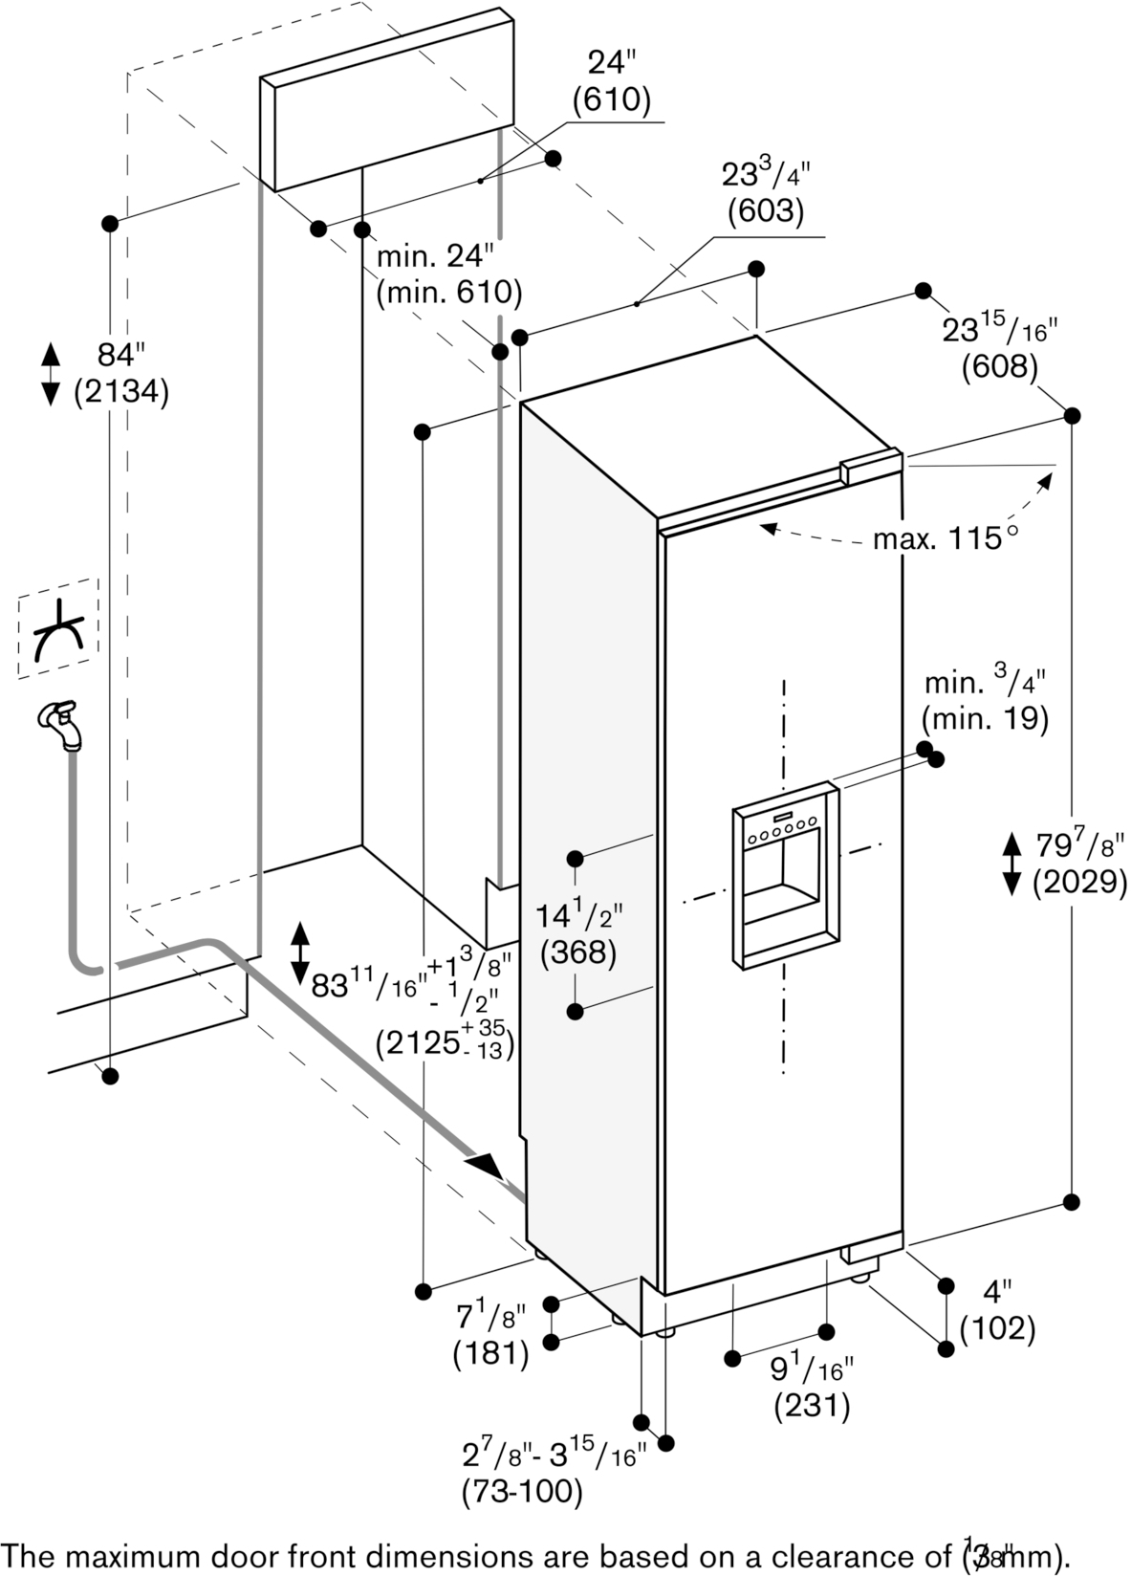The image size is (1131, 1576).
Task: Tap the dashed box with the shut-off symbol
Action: [x=57, y=628]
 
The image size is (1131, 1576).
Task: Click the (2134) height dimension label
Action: [x=121, y=392]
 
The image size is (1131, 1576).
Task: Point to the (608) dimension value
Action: [x=999, y=366]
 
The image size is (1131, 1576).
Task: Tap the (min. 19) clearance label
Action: [x=985, y=717]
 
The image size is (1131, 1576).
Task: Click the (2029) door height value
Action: [x=1078, y=882]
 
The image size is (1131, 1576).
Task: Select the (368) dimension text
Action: [x=577, y=952]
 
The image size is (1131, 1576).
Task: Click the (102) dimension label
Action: [x=997, y=1327]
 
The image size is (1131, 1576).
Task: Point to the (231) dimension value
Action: [x=811, y=1405]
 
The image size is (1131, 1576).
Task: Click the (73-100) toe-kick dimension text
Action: [x=521, y=1490]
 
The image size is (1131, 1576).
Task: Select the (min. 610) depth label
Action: [x=448, y=293]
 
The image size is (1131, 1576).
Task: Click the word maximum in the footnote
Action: [x=143, y=1553]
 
